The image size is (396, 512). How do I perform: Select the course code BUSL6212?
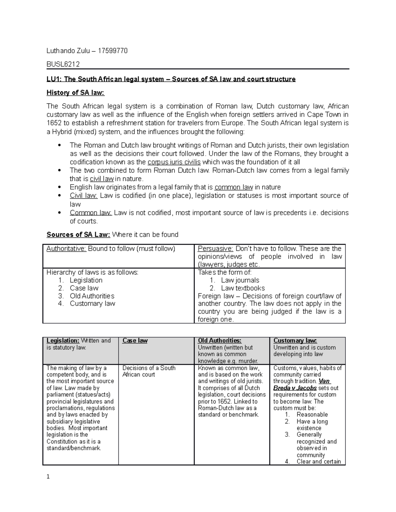tap(63, 64)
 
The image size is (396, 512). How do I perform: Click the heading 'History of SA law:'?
tap(75, 93)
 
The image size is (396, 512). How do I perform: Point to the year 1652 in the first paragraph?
tap(54, 123)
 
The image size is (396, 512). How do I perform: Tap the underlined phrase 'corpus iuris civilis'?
tap(174, 162)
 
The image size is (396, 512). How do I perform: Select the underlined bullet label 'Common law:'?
tap(91, 213)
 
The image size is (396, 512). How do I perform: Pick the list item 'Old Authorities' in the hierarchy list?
tap(92, 296)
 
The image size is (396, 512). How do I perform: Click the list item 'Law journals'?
tap(240, 280)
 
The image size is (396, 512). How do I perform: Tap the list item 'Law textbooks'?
tap(243, 288)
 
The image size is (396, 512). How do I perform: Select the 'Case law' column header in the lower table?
tap(135, 341)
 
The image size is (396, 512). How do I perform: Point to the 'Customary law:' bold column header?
tap(295, 341)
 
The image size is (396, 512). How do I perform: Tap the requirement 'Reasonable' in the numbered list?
tap(312, 414)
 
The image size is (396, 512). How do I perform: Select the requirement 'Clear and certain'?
tap(318, 462)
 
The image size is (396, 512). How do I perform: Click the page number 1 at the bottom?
tap(48, 477)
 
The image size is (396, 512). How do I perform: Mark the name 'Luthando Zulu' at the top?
tap(66, 51)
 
